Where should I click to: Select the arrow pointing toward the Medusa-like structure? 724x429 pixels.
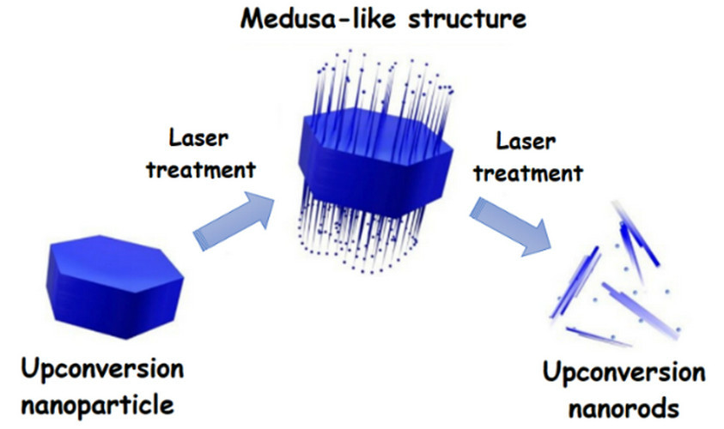coord(234,221)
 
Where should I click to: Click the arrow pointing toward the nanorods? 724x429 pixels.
coord(511,226)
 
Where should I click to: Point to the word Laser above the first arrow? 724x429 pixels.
coord(198,137)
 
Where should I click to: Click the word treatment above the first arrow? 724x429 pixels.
coord(201,170)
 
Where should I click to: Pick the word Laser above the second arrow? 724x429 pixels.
coord(526,141)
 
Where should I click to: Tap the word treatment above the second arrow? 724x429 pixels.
coord(528,173)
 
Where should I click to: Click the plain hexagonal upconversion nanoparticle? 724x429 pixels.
coord(114,286)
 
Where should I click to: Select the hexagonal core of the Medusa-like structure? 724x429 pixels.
coord(376,162)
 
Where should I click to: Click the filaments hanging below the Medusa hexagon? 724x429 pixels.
coord(358,231)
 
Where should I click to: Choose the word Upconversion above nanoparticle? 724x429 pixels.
coord(102,370)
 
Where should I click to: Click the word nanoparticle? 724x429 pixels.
coord(97,405)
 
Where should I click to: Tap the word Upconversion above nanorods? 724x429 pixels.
coord(624,372)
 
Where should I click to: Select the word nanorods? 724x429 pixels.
coord(624,408)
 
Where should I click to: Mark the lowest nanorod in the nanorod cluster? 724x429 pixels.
coord(599,336)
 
